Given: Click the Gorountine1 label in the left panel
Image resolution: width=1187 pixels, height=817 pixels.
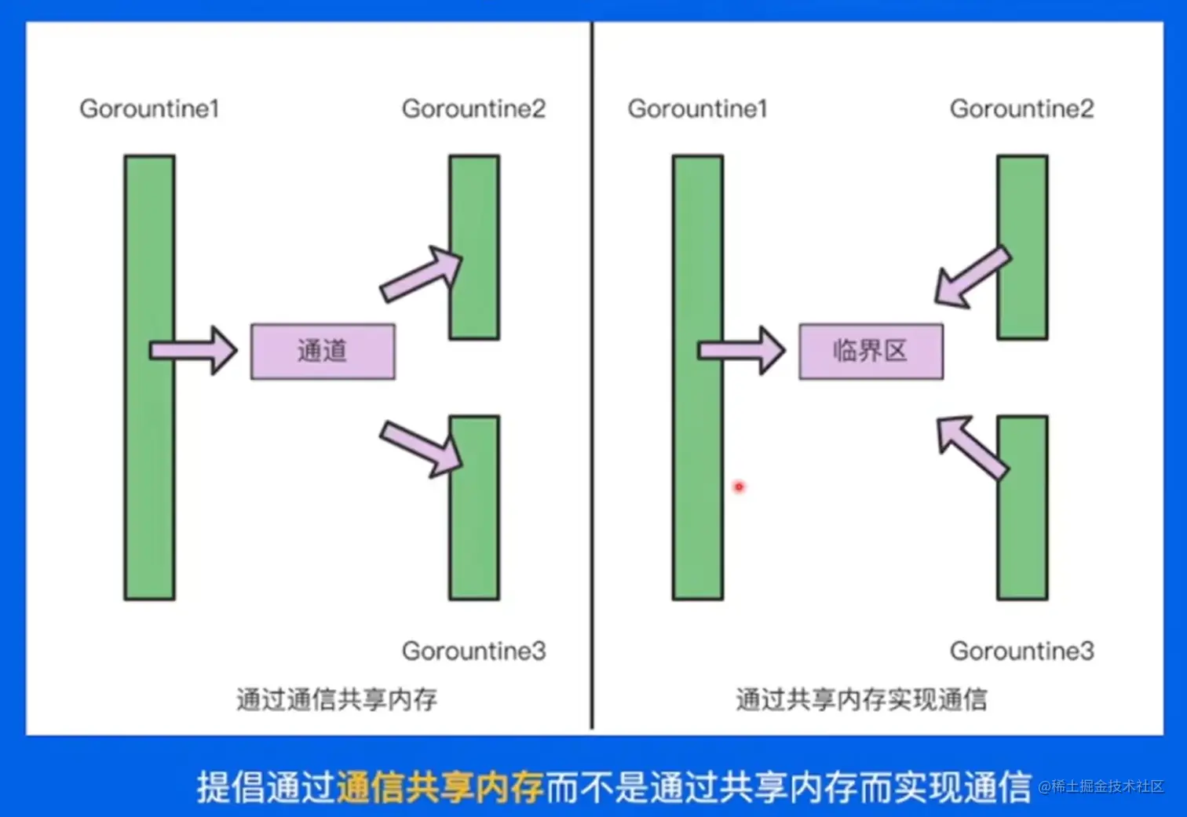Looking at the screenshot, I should coord(149,108).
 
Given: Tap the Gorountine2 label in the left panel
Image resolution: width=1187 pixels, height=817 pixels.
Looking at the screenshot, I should coord(473,108).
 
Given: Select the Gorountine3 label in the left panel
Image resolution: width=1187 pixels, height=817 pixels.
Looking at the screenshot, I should coord(473,651).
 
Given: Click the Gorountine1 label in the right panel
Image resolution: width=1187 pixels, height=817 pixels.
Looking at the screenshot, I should coord(697,108).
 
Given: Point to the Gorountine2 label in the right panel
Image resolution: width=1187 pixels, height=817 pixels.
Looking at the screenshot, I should coord(1021,108).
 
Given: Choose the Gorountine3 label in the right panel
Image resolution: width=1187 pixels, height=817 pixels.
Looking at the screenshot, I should coord(1021,651).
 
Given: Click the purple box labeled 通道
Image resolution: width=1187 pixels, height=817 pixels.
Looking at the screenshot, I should coord(323,352).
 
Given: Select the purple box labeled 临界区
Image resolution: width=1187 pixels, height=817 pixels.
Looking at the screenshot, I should coord(871,352).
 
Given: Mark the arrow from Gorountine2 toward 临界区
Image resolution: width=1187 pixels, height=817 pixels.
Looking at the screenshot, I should coord(971,278).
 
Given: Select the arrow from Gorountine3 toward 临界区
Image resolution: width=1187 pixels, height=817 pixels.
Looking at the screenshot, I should coord(971,446).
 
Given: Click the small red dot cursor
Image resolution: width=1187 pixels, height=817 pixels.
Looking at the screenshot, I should coord(739,487).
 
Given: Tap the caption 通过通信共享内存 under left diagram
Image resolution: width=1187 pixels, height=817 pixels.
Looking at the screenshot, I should coord(337,698).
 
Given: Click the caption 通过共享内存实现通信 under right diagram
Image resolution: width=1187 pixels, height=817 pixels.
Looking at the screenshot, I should coord(861,698).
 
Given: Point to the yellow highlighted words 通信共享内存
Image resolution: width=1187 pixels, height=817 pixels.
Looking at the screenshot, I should coord(440,787).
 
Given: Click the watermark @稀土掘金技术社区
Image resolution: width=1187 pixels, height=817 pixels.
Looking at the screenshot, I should coord(1101,786).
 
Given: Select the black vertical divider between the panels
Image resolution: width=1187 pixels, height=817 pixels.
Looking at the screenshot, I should coord(592,377).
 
